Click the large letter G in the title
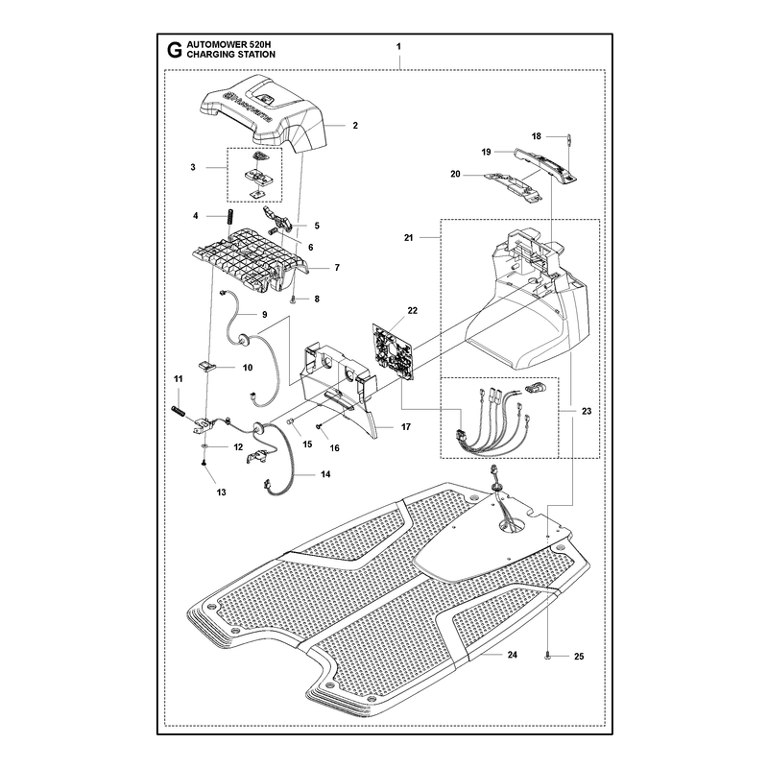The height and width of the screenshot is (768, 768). click(x=174, y=50)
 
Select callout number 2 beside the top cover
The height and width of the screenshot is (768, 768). click(x=355, y=126)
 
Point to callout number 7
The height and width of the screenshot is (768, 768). click(x=337, y=268)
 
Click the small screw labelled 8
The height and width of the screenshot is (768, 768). click(x=293, y=299)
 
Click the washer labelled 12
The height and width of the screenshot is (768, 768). click(x=204, y=446)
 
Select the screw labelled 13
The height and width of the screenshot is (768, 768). click(x=204, y=463)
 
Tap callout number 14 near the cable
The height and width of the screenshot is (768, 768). click(x=325, y=474)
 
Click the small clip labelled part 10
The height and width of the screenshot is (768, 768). click(x=206, y=367)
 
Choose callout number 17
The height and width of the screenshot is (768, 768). click(x=406, y=426)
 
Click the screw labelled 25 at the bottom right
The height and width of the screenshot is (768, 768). click(x=548, y=656)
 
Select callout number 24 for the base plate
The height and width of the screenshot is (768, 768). click(x=513, y=655)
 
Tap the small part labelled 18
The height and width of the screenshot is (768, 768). click(x=570, y=139)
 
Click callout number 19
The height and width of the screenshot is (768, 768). click(x=486, y=152)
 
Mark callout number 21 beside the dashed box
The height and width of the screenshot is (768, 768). click(x=409, y=237)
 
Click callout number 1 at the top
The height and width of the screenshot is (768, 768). click(x=398, y=46)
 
